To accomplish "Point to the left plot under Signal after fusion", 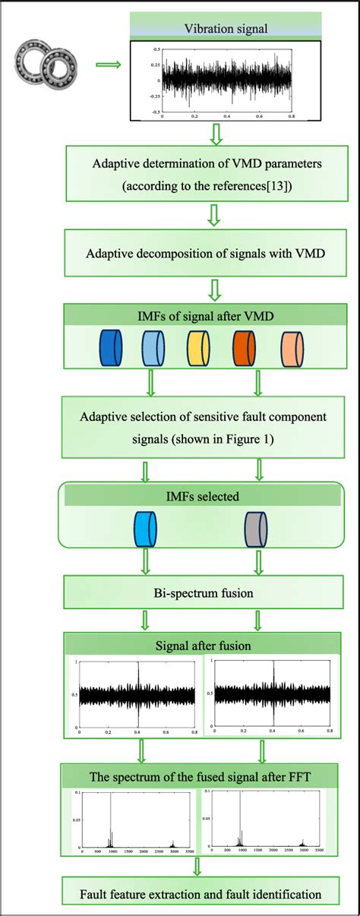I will [x=137, y=695].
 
